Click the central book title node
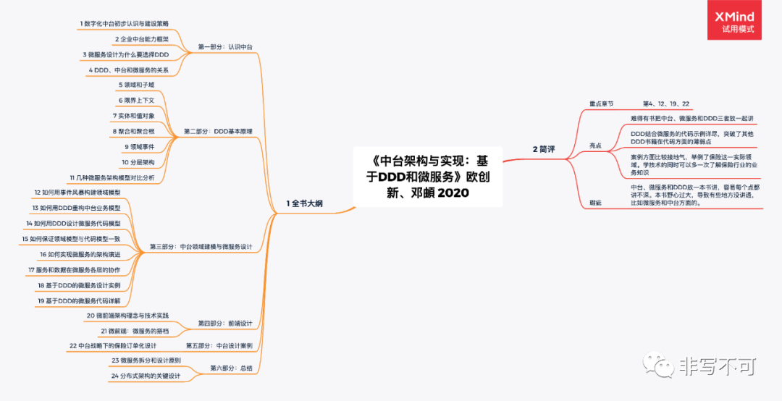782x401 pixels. coord(423,177)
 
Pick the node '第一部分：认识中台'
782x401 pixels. coord(225,47)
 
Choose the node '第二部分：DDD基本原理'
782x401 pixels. coord(218,132)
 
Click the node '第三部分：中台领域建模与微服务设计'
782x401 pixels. coord(201,247)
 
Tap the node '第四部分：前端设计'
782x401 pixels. coord(225,323)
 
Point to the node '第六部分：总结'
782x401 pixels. coord(232,368)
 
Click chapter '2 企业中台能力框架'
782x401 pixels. coord(142,39)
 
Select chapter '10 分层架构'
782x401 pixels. coord(138,161)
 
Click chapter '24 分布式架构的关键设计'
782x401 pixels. coord(146,376)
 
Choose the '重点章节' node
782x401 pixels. coord(601,104)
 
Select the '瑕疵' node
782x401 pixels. coord(596,203)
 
